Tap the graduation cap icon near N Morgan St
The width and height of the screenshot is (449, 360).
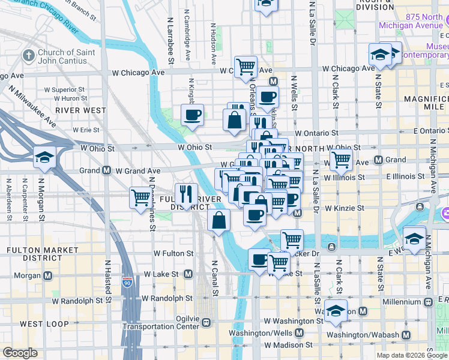click(x=44, y=158)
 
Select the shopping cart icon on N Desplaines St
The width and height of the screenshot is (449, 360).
click(x=140, y=197)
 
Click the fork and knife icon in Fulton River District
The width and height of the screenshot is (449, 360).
click(x=186, y=194)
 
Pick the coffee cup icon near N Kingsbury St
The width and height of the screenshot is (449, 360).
click(x=192, y=115)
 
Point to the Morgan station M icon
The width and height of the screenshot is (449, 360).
click(x=48, y=275)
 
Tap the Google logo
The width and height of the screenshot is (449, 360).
click(x=20, y=352)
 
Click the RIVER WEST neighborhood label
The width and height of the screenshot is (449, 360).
click(x=80, y=110)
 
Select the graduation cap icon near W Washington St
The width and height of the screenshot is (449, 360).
click(x=336, y=309)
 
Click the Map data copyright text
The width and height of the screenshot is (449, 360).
click(x=409, y=354)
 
